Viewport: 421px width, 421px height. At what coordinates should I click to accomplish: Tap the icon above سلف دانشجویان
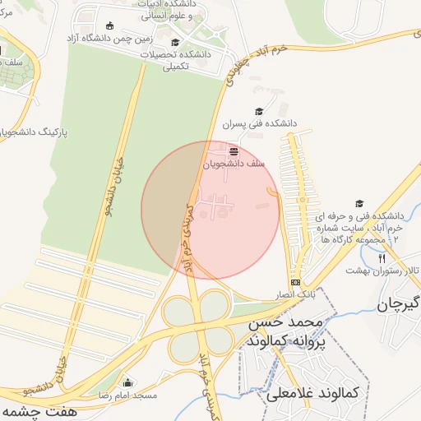[x=234, y=151]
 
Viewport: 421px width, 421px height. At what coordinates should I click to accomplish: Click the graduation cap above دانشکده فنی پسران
[x=259, y=112]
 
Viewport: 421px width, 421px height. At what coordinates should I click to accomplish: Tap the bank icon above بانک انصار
[x=295, y=282]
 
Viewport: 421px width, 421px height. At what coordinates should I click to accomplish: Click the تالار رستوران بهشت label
[x=382, y=270]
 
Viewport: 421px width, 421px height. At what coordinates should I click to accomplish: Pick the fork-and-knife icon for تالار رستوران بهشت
[x=381, y=257]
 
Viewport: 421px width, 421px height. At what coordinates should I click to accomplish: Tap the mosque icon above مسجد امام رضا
[x=127, y=382]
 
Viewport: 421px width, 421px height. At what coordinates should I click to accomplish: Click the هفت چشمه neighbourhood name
[x=33, y=409]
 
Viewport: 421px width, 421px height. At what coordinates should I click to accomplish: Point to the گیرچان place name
[x=399, y=306]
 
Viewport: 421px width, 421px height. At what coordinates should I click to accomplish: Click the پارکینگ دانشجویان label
[x=33, y=132]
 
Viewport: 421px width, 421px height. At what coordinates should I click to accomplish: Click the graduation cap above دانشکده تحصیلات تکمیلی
[x=174, y=43]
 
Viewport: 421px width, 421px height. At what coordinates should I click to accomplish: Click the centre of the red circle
[x=210, y=210]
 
